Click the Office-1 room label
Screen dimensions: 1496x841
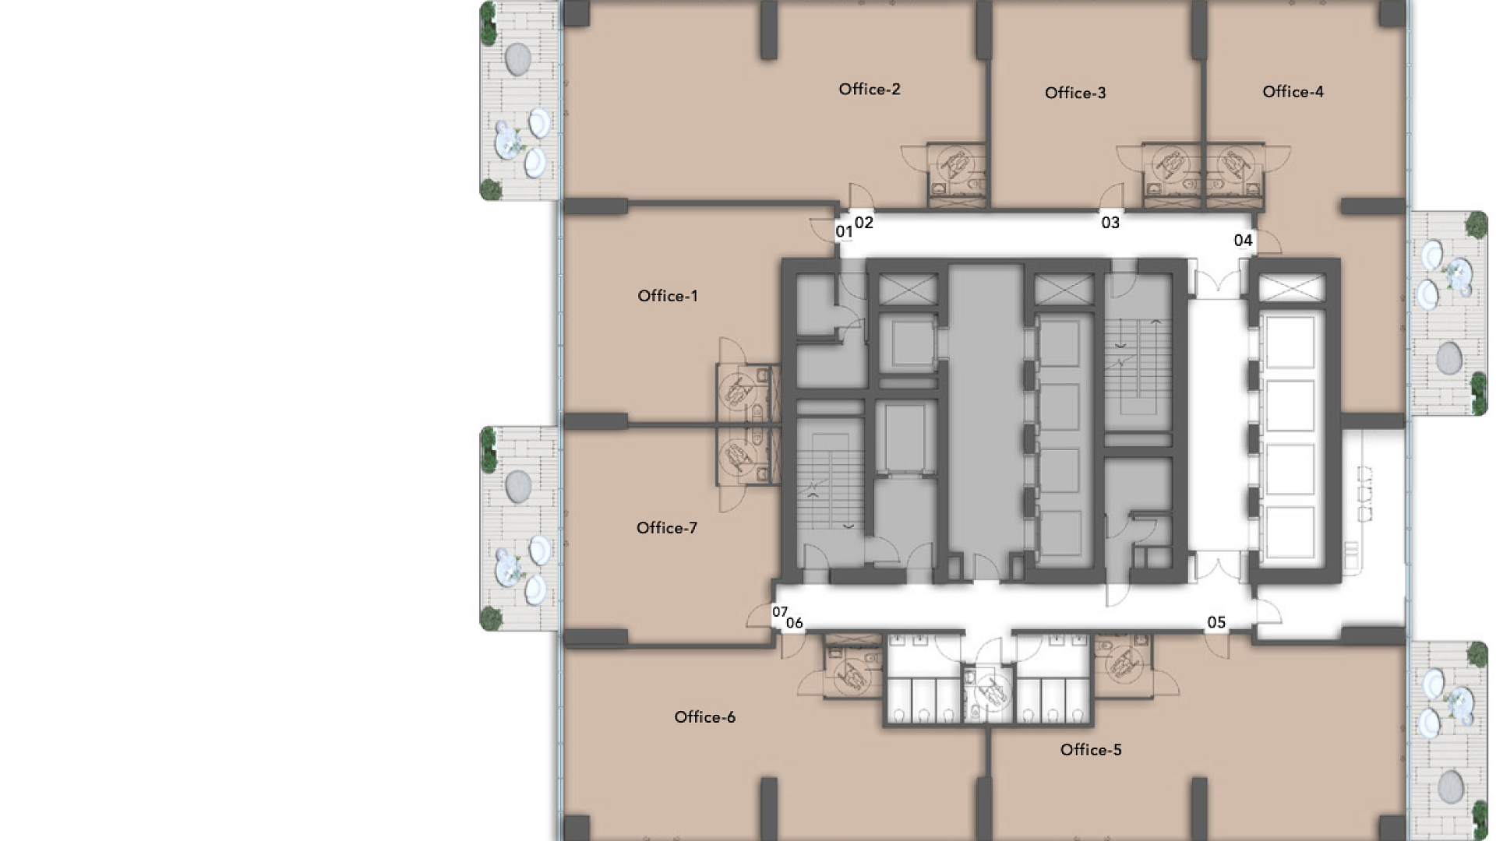tap(668, 296)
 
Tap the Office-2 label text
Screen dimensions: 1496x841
tap(870, 90)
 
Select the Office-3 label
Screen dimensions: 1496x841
tap(1075, 93)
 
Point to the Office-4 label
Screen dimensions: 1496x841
tap(1293, 92)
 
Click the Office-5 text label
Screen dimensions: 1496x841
tap(1091, 750)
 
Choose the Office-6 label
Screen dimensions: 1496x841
tap(704, 717)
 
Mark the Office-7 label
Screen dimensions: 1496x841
tap(666, 528)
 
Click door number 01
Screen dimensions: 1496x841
tap(844, 231)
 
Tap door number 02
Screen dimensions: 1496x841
tap(864, 223)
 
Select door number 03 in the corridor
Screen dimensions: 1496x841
tap(1110, 223)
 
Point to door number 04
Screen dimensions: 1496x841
tap(1243, 241)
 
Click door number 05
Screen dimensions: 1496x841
tap(1216, 622)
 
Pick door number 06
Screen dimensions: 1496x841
tap(794, 623)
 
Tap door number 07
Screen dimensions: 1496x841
tap(779, 612)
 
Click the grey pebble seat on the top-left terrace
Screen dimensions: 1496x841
tap(518, 58)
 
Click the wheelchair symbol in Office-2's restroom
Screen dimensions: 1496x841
tap(955, 164)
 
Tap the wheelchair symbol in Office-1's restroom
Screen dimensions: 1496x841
tap(737, 389)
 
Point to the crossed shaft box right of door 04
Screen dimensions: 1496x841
tap(1291, 288)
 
